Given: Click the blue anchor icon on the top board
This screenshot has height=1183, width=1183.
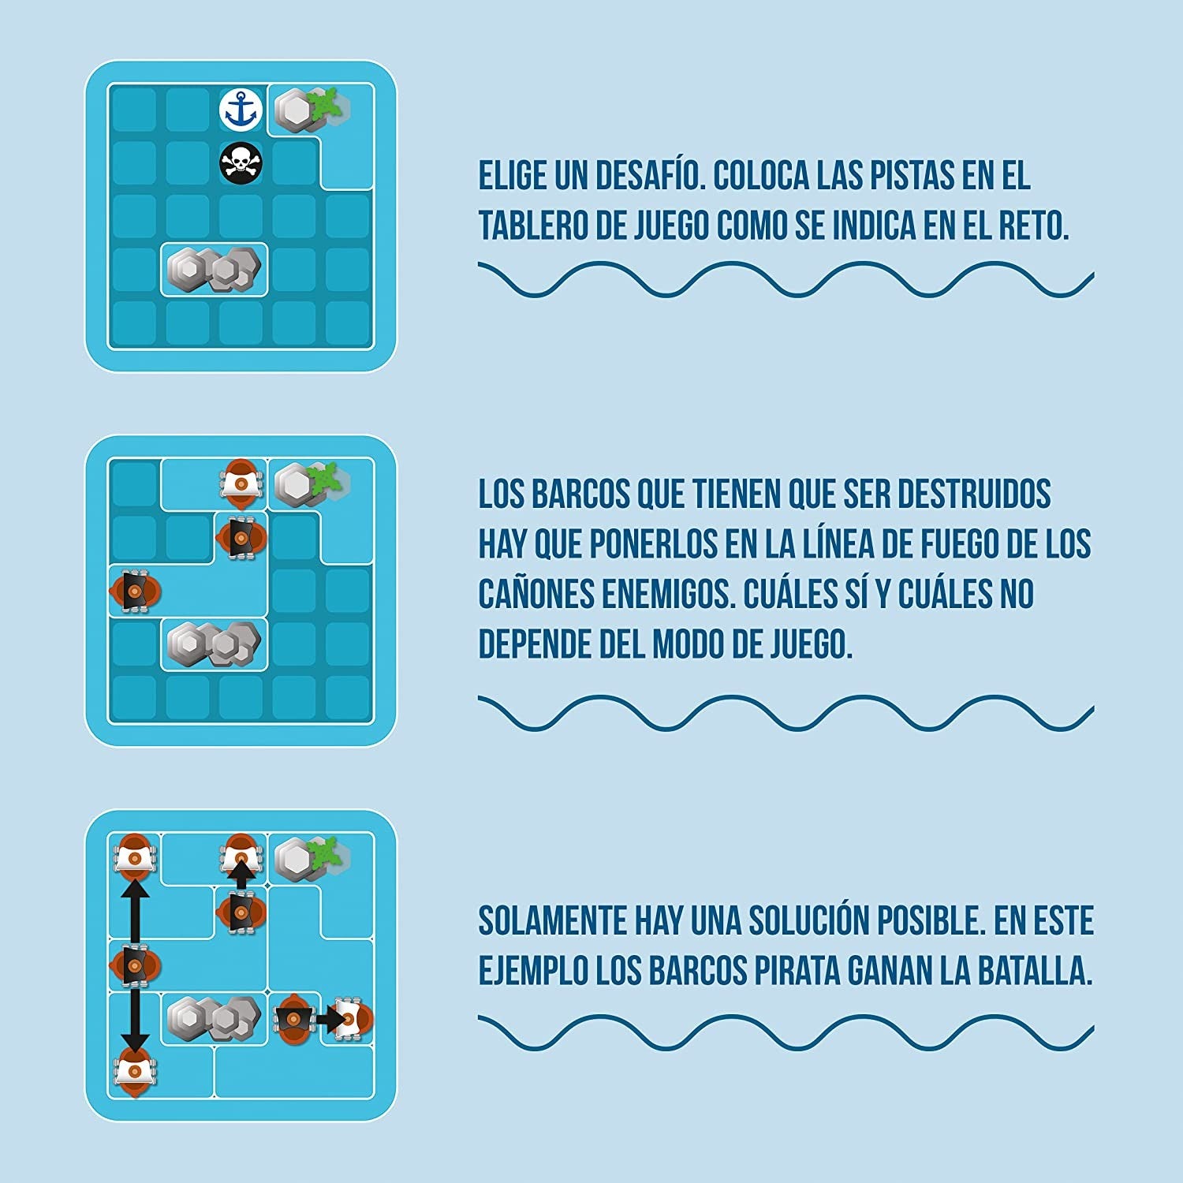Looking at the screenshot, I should [x=240, y=110].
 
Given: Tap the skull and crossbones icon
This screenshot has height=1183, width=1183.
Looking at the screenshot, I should [x=241, y=163].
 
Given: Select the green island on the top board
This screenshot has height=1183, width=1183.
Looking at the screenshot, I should [x=325, y=105].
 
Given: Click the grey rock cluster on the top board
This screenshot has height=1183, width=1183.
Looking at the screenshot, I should [x=215, y=270].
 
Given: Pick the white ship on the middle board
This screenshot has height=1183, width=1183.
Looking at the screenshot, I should [x=240, y=480].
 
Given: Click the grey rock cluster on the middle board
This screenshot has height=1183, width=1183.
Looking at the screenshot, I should [x=215, y=644].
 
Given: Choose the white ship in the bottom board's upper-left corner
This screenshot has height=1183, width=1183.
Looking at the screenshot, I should [x=135, y=856].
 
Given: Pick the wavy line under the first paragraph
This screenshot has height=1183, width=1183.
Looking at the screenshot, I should [x=786, y=280].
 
